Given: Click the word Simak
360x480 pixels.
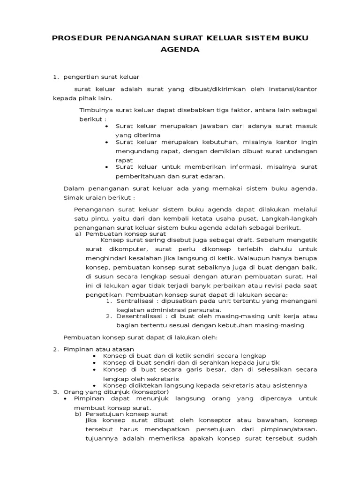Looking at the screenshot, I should tap(72, 197).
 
